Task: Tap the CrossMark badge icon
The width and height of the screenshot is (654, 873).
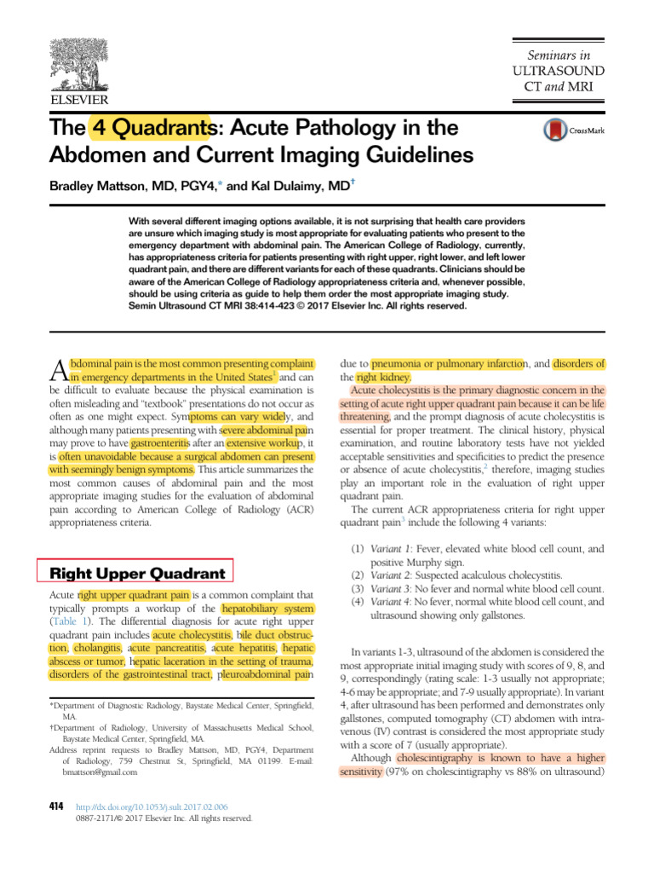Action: [x=554, y=130]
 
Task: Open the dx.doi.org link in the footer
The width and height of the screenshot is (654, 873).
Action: [x=152, y=806]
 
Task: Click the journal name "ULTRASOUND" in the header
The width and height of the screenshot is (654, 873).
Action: [x=558, y=69]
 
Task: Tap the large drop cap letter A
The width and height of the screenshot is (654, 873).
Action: [x=57, y=368]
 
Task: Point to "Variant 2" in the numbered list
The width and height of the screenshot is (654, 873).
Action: [x=391, y=575]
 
